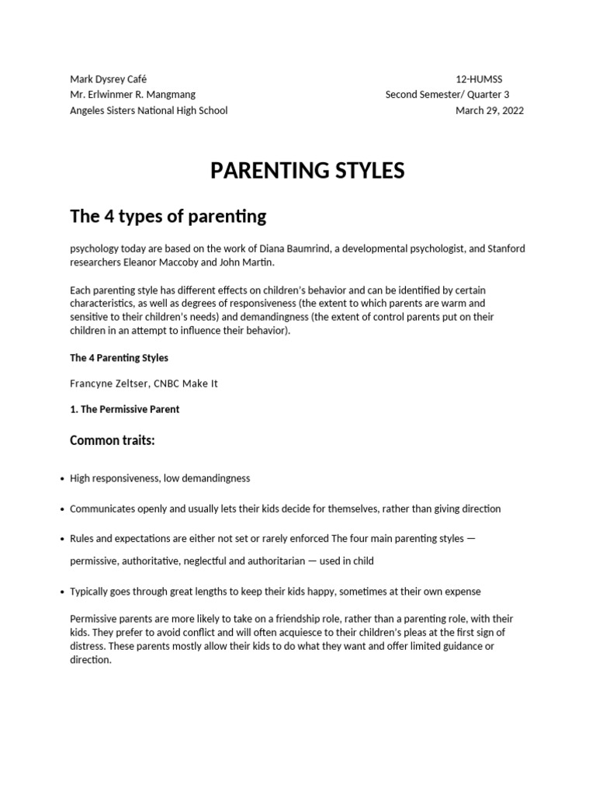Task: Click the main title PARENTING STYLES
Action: tap(307, 171)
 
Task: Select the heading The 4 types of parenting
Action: tap(168, 217)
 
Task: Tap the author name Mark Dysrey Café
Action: tap(108, 79)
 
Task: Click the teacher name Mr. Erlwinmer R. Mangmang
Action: tap(133, 95)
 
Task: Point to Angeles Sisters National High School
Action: tap(149, 110)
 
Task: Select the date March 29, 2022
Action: tap(489, 110)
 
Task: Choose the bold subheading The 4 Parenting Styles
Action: tap(119, 358)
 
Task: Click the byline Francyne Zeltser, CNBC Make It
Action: tap(144, 384)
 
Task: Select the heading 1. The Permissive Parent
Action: tap(124, 409)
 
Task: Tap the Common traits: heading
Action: tap(113, 441)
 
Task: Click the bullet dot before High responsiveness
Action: tap(61, 479)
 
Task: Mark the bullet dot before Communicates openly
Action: tap(61, 509)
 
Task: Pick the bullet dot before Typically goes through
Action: tap(61, 592)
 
